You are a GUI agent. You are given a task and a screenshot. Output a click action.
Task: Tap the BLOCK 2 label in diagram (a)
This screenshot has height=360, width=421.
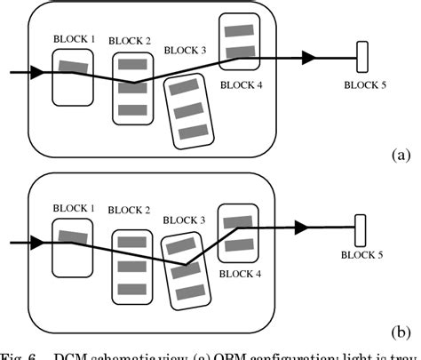click(x=131, y=41)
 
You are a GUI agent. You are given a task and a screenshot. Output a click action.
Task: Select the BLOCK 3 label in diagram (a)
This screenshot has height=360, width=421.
click(x=186, y=50)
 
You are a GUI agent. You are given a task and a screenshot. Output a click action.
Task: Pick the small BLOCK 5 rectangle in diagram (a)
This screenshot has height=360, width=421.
click(x=362, y=58)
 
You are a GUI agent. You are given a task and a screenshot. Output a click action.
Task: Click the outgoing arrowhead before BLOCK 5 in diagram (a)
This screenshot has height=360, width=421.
click(x=309, y=58)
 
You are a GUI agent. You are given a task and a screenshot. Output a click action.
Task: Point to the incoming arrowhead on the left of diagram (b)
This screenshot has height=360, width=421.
click(x=35, y=240)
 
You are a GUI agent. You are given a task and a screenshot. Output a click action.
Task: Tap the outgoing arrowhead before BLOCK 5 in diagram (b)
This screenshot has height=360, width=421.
click(x=306, y=228)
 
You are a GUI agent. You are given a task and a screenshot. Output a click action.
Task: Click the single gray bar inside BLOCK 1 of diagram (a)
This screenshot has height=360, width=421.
click(x=74, y=65)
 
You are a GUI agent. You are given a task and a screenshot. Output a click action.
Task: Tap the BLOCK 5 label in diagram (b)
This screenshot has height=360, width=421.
click(x=363, y=253)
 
